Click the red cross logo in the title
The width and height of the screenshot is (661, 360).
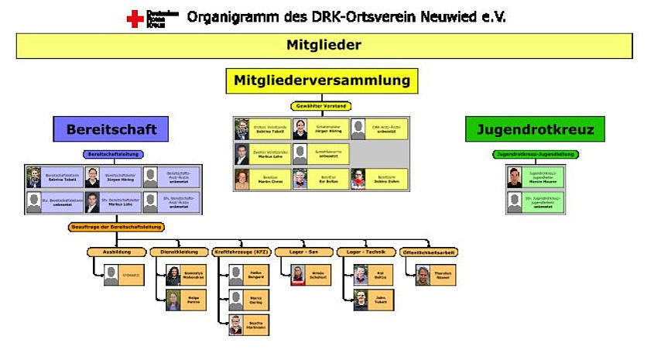tap(135, 19)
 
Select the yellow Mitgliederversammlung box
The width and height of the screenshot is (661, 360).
tap(321, 81)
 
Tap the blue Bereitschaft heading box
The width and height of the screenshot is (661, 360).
tap(111, 129)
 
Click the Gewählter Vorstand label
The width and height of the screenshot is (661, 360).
tap(320, 106)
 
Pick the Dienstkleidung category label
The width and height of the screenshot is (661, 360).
tap(177, 252)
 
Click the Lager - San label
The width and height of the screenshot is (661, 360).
tap(302, 252)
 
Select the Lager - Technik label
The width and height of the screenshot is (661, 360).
tap(365, 252)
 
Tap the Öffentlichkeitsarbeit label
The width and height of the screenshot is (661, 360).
tap(427, 252)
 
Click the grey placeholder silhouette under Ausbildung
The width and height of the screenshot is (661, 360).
tap(111, 275)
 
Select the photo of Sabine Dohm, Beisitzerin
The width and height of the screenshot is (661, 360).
tap(358, 179)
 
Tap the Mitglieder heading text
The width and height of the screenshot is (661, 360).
tap(324, 45)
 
